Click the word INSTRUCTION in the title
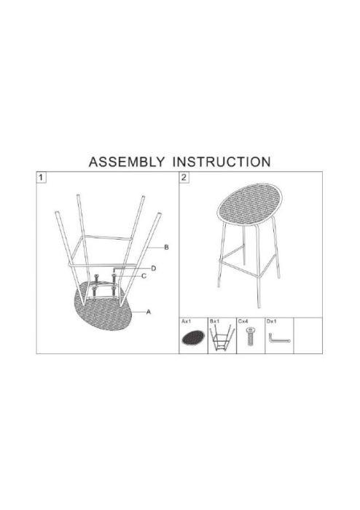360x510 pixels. [x=222, y=162]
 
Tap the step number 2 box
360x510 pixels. [x=184, y=177]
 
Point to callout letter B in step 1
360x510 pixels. [x=166, y=248]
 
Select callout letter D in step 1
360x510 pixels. [x=154, y=268]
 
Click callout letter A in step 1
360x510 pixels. [x=148, y=312]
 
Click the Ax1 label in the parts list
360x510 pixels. [x=186, y=321]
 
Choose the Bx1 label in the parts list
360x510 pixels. [x=215, y=321]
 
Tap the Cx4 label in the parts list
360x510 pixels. [x=243, y=321]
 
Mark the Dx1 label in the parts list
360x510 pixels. [x=273, y=321]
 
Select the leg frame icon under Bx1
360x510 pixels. [x=221, y=339]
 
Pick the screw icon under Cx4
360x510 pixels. [x=251, y=339]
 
